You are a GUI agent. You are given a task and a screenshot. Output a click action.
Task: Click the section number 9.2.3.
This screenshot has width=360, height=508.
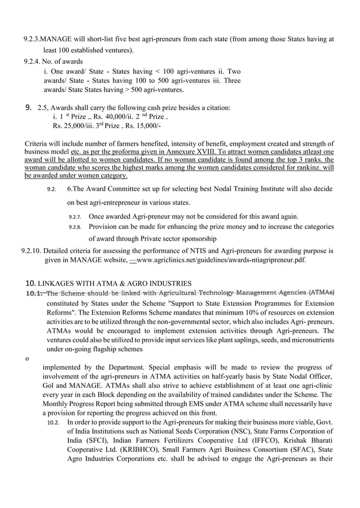32,39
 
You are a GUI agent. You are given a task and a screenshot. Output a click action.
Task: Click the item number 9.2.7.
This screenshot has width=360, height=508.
74,217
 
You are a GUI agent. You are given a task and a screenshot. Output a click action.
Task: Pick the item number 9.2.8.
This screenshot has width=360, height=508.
74,227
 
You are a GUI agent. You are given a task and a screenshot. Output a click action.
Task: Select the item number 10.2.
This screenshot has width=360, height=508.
54,422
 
